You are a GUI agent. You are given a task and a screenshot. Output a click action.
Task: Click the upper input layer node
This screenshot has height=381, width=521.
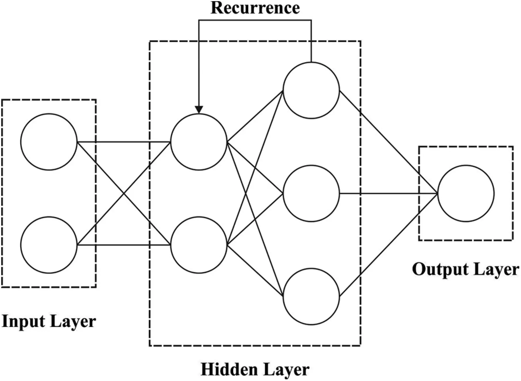[49, 142]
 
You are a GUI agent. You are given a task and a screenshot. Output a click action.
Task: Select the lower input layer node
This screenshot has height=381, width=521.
[49, 245]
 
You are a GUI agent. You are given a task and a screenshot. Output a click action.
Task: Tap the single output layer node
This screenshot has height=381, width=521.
[466, 193]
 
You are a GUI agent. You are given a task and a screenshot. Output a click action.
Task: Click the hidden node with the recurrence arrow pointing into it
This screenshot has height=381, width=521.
[199, 142]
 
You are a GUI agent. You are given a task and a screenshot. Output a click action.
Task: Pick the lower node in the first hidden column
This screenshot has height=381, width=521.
[199, 245]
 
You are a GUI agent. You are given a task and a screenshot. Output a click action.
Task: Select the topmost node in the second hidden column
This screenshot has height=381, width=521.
[311, 90]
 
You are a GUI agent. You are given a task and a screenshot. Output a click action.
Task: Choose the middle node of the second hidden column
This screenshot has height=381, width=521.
[311, 193]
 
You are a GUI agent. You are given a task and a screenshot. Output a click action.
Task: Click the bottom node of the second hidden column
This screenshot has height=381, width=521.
[311, 297]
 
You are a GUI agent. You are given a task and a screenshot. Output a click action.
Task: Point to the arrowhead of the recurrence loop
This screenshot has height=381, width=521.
[199, 110]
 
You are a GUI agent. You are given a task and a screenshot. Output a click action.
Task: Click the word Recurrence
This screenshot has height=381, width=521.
[255, 8]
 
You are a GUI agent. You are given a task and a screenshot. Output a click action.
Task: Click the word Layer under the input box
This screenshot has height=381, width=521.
[73, 321]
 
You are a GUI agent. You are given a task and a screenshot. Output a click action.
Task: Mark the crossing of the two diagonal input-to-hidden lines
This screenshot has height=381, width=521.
[124, 193]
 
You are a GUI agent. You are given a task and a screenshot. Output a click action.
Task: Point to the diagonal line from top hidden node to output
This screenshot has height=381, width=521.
[389, 142]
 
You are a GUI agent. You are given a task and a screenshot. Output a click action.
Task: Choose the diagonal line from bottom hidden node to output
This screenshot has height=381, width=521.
[389, 245]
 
